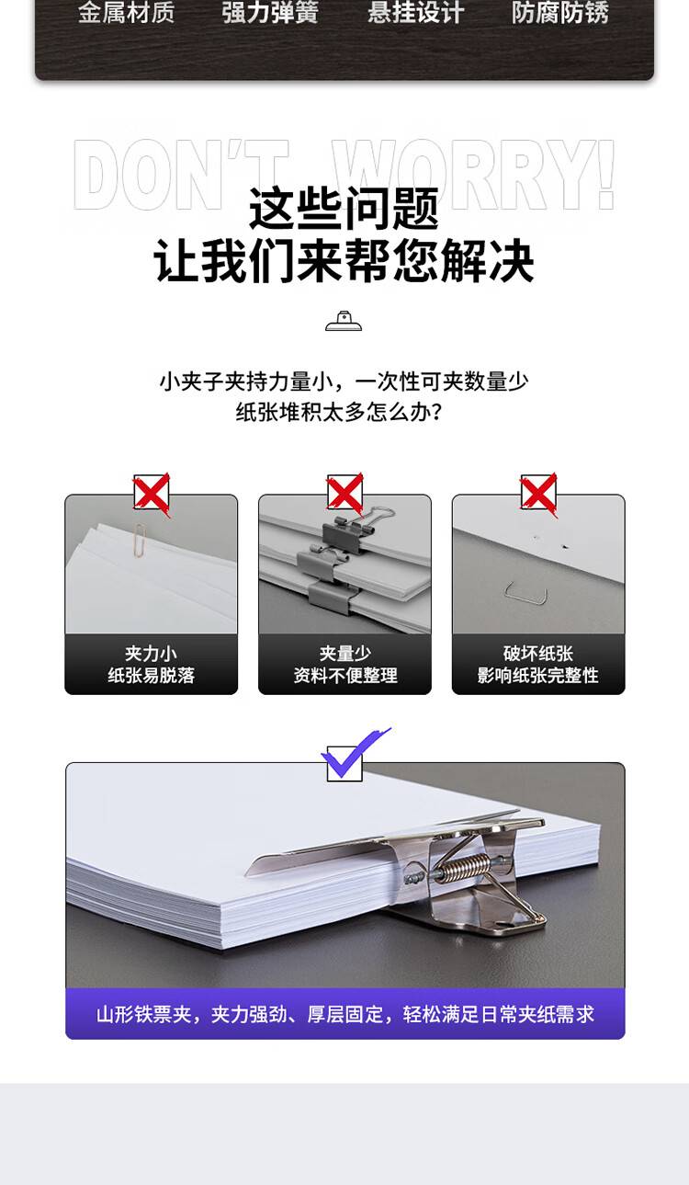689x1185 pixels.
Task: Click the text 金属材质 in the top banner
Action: [x=127, y=12]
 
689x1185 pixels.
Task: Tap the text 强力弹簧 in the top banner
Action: [x=270, y=12]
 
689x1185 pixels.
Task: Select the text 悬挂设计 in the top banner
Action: [x=415, y=12]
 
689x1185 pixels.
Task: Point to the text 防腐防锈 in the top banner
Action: [x=560, y=12]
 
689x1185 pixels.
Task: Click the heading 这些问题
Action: [x=344, y=209]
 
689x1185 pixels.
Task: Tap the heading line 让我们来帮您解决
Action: [x=344, y=261]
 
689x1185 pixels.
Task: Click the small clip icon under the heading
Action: [x=344, y=321]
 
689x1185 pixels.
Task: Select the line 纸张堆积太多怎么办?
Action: [x=339, y=412]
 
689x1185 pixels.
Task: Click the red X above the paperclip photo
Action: [x=152, y=494]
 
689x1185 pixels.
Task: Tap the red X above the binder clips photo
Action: [x=345, y=494]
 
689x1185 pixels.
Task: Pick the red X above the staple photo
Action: [x=539, y=494]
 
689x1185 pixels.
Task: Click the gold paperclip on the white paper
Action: [x=141, y=540]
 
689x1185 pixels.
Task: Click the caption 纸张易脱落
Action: [x=152, y=675]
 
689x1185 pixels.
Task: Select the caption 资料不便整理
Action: [x=345, y=675]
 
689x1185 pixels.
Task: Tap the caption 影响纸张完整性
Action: [x=537, y=675]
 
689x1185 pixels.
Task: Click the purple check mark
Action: [x=356, y=754]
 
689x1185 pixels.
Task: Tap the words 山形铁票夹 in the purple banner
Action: [x=143, y=1014]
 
